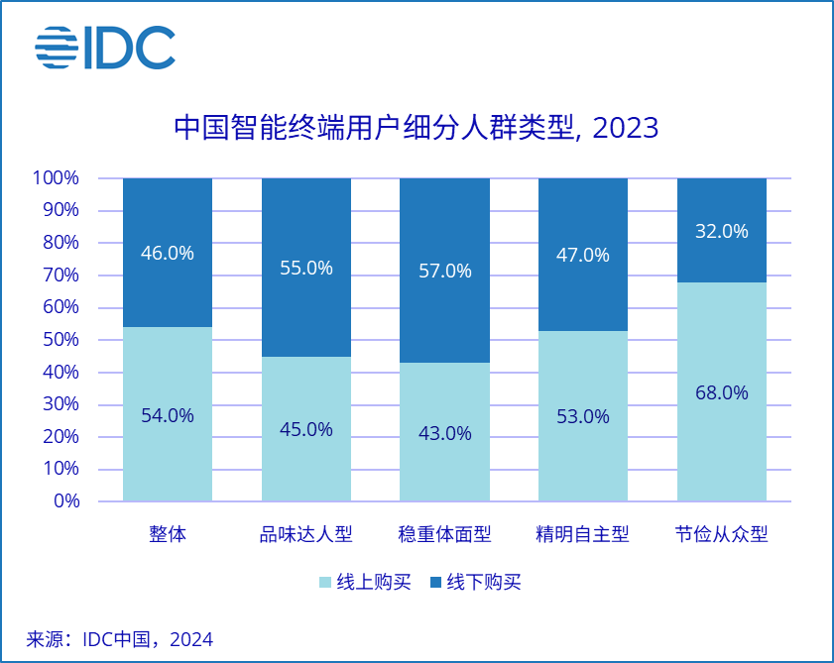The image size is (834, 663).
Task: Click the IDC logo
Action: pyautogui.click(x=105, y=48)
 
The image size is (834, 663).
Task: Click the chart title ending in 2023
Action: pyautogui.click(x=417, y=129)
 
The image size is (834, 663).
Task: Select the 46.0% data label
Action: pyautogui.click(x=168, y=253)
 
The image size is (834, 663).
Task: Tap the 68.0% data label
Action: pyautogui.click(x=721, y=392)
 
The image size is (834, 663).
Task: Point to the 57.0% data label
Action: pyautogui.click(x=444, y=271)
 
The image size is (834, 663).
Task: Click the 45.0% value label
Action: pyautogui.click(x=305, y=429)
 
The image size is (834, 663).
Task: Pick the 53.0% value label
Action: pyautogui.click(x=582, y=416)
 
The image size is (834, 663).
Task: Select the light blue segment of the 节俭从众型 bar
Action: pyautogui.click(x=721, y=446)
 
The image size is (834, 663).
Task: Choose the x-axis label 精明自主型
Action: pyautogui.click(x=582, y=535)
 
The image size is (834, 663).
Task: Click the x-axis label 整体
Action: pyautogui.click(x=168, y=535)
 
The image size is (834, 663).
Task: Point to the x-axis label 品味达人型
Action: pyautogui.click(x=305, y=535)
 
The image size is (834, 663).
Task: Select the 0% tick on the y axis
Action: pyautogui.click(x=66, y=501)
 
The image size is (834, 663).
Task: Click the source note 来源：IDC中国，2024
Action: pyautogui.click(x=120, y=639)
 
